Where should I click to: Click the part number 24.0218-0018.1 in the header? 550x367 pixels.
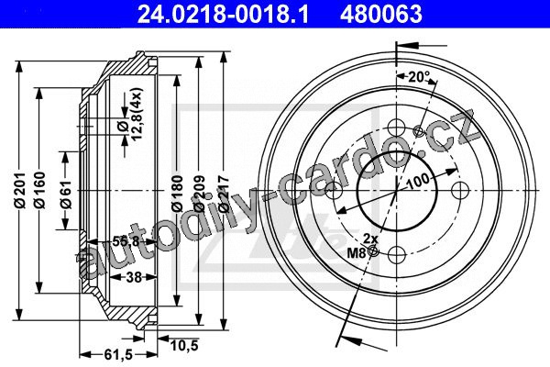point(224,14)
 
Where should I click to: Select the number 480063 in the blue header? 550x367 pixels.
point(380,14)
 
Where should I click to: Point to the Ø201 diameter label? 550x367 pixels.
point(21,190)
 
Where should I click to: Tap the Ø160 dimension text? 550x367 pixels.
point(40,190)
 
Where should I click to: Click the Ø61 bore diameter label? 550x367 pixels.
point(66,195)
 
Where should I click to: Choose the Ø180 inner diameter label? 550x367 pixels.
point(178,194)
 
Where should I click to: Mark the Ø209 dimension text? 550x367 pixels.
point(200,194)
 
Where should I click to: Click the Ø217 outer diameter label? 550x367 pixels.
point(224,194)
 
